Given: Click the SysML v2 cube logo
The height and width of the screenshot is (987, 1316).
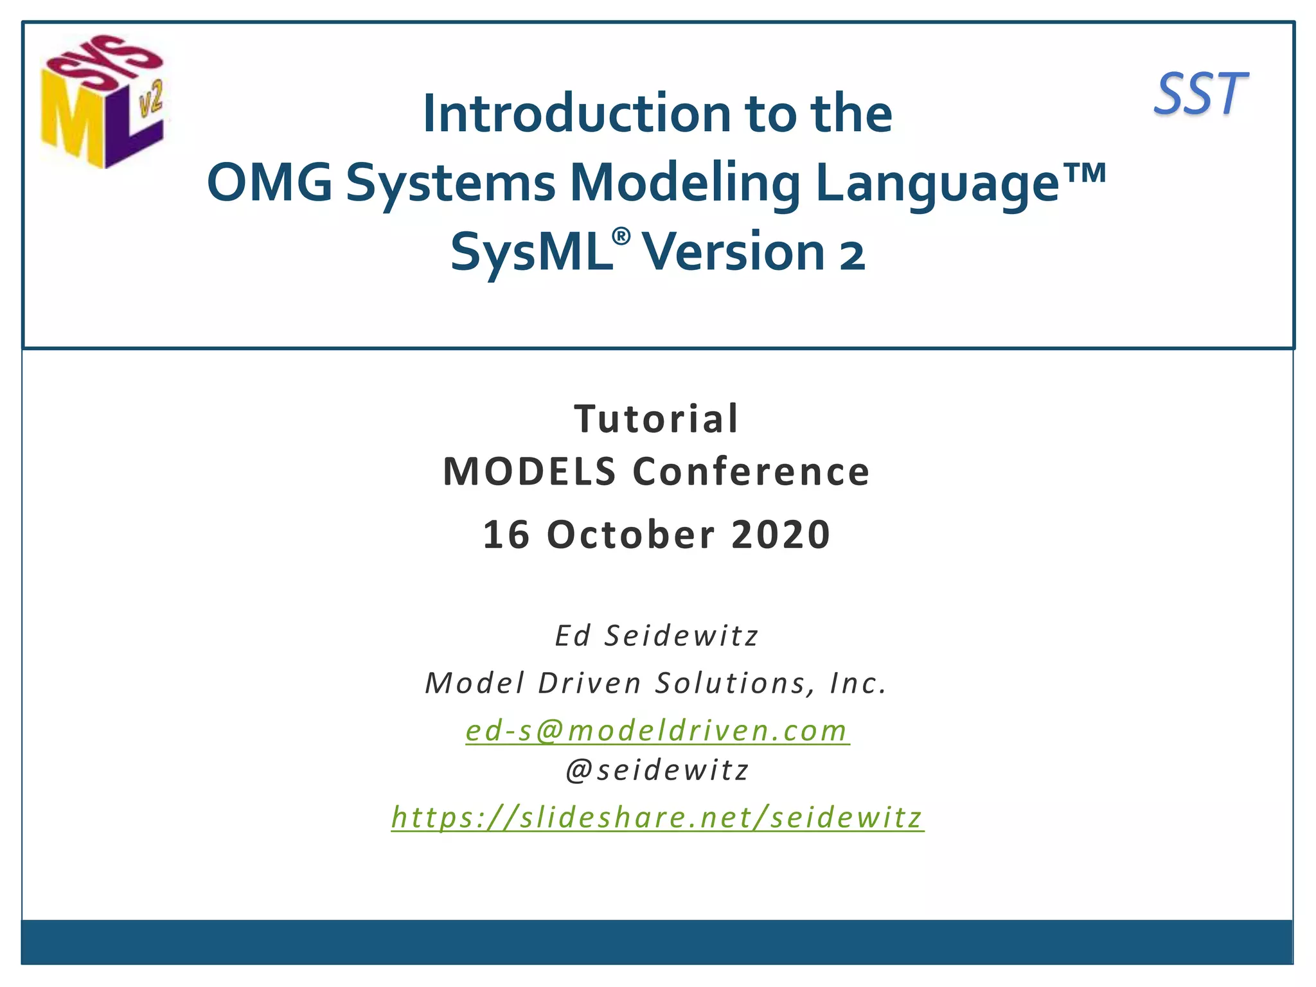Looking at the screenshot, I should pyautogui.click(x=103, y=102).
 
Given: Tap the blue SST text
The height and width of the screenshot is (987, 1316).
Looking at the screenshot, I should pyautogui.click(x=1200, y=95).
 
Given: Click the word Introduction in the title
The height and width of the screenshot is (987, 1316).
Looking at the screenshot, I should pyautogui.click(x=576, y=114).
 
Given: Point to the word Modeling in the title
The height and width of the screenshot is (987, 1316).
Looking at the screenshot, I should pyautogui.click(x=685, y=183).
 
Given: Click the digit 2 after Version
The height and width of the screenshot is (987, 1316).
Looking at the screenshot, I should pyautogui.click(x=853, y=255).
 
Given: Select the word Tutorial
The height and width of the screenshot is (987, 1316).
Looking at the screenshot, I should pyautogui.click(x=657, y=419).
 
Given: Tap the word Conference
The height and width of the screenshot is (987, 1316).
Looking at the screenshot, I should pyautogui.click(x=751, y=472).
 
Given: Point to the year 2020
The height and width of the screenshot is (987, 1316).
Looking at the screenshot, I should pyautogui.click(x=781, y=535).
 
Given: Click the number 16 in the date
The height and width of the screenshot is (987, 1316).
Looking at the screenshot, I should pyautogui.click(x=506, y=535).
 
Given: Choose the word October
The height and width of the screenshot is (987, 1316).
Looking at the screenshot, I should pyautogui.click(x=631, y=535).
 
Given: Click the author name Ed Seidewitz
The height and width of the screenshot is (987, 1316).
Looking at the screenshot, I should pyautogui.click(x=657, y=636).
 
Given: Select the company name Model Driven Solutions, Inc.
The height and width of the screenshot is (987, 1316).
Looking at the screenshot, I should pyautogui.click(x=657, y=683).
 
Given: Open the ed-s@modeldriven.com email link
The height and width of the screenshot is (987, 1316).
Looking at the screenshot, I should pyautogui.click(x=657, y=731).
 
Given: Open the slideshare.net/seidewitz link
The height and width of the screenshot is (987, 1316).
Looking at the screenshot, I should pyautogui.click(x=657, y=818).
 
